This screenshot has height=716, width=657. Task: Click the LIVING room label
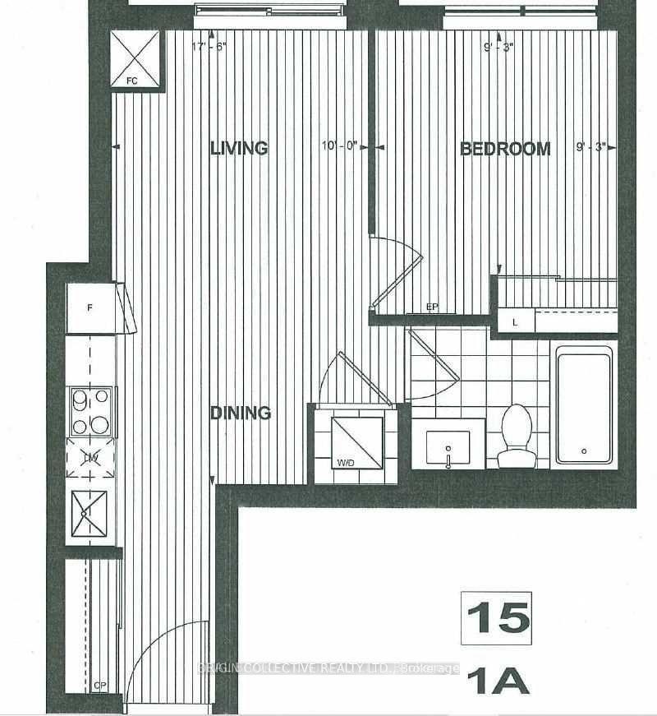239,148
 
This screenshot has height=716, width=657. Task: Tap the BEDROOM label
504,149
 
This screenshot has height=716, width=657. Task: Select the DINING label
240,413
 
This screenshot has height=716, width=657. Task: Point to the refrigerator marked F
91,308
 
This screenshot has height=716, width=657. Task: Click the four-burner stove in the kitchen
90,411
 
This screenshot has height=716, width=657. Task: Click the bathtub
583,404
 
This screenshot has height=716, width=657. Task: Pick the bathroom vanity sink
448,444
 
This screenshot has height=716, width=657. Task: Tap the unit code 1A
496,681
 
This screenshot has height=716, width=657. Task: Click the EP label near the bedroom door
433,307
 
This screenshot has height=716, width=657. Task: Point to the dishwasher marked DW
90,458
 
